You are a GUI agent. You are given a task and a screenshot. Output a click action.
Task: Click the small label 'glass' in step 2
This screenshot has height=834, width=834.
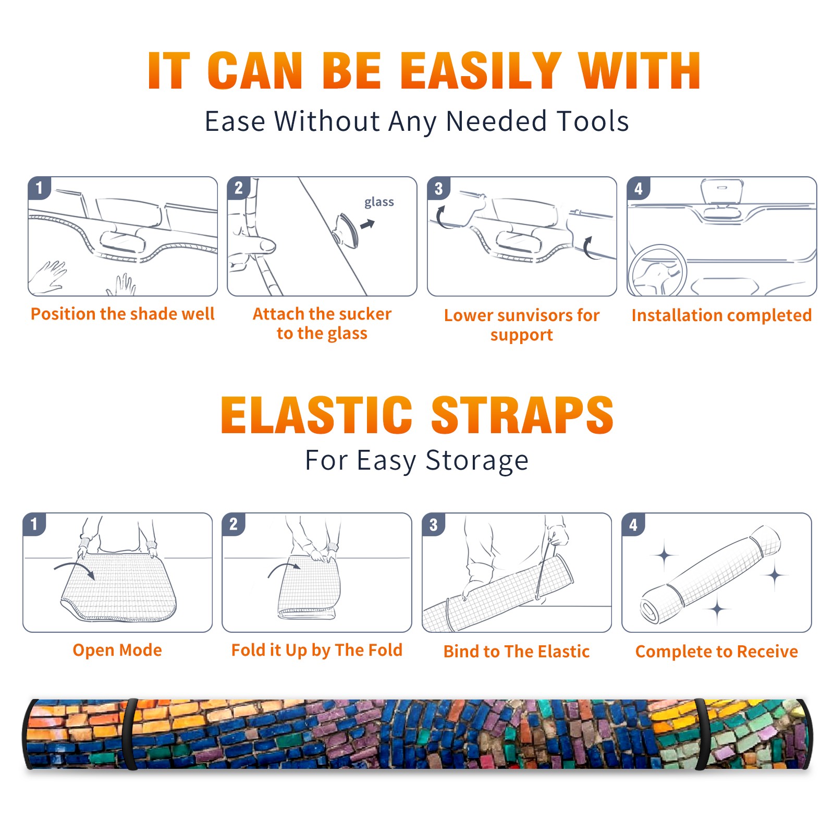pyautogui.click(x=379, y=202)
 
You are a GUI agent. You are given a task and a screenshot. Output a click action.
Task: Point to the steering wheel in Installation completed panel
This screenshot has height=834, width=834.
pyautogui.click(x=657, y=271)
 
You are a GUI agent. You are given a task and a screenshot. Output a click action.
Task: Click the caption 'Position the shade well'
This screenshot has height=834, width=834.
pyautogui.click(x=122, y=314)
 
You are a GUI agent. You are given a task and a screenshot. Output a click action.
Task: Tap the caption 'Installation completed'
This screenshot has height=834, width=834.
pyautogui.click(x=721, y=315)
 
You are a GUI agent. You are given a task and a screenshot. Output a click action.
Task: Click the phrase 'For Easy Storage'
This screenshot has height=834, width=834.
pyautogui.click(x=417, y=461)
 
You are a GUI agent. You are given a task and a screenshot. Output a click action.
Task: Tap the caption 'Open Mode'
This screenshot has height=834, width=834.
pyautogui.click(x=117, y=650)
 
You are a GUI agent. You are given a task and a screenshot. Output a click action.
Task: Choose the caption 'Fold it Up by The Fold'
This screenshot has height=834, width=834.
pyautogui.click(x=317, y=651)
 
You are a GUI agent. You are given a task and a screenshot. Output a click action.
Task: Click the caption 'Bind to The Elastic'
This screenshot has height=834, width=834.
pyautogui.click(x=517, y=652)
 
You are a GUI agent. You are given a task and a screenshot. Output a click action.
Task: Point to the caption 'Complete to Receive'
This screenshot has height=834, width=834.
pyautogui.click(x=717, y=652)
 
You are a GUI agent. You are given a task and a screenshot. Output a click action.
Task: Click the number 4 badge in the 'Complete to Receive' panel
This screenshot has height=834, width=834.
pyautogui.click(x=633, y=524)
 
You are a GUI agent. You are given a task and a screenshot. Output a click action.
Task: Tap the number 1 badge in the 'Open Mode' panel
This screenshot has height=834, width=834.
pyautogui.click(x=34, y=524)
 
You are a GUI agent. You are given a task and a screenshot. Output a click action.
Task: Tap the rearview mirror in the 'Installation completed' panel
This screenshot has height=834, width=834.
pyautogui.click(x=721, y=191)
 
